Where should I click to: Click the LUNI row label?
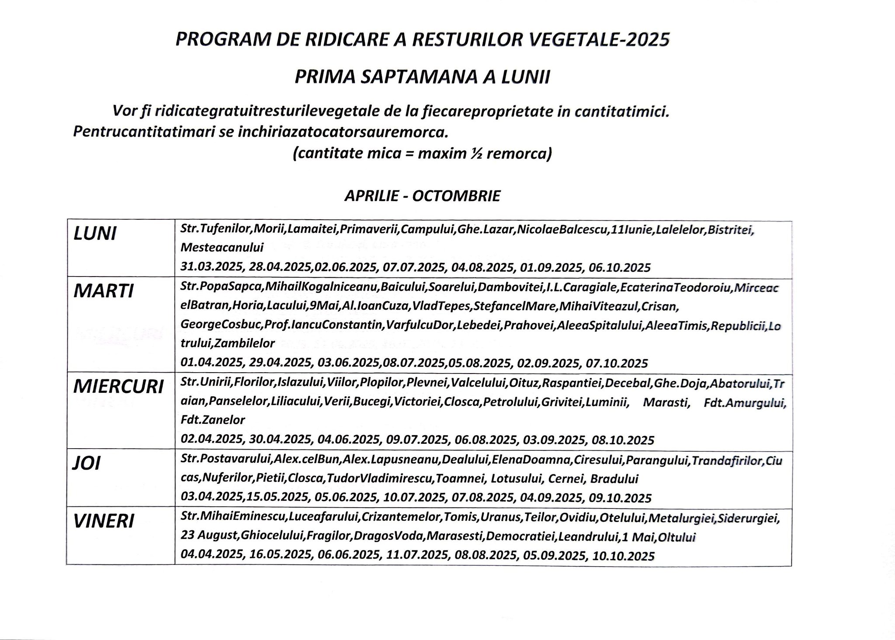click(x=95, y=234)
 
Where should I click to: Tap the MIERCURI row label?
click(x=118, y=387)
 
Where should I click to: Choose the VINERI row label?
click(x=104, y=521)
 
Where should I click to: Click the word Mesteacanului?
click(x=222, y=248)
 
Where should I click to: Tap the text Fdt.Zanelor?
click(x=213, y=420)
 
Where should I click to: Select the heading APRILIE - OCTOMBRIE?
click(x=422, y=196)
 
